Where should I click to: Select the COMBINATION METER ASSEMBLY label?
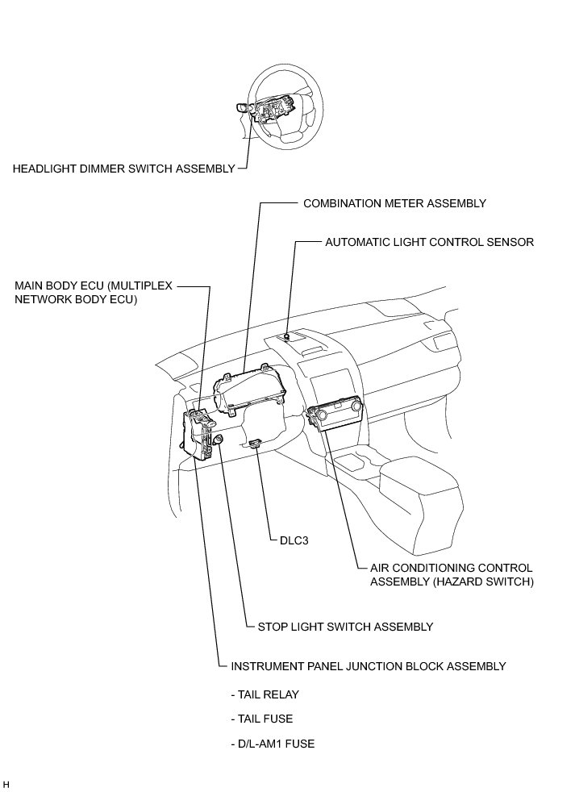[394, 203]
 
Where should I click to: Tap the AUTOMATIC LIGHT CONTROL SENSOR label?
[429, 242]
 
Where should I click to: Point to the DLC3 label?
[294, 541]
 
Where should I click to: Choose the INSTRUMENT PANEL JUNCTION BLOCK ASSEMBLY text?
[368, 666]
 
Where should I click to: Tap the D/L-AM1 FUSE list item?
[272, 744]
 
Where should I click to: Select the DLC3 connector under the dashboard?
[256, 443]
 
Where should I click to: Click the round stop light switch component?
[219, 439]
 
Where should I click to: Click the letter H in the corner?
[6, 784]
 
